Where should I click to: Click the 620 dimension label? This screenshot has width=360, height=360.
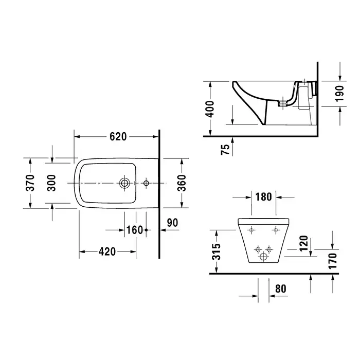pos(118,137)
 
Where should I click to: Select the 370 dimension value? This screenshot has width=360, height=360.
pos(30,183)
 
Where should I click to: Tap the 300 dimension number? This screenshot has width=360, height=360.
pos(51,183)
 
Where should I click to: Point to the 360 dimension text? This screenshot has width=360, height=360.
pos(182,183)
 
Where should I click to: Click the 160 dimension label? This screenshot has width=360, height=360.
pos(135,230)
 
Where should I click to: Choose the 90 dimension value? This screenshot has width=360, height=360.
pos(172,223)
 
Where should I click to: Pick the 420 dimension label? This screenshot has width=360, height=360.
pos(107,251)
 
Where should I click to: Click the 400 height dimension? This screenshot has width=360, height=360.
pos(210,109)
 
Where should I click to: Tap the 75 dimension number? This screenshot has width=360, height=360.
pos(225,150)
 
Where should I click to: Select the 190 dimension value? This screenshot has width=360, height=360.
pos(339,94)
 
